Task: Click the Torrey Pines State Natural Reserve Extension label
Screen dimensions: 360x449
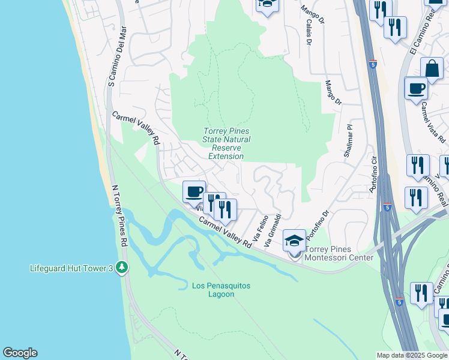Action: [226, 144]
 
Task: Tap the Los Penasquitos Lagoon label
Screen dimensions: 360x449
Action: [221, 290]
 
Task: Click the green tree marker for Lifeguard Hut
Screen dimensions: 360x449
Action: [122, 266]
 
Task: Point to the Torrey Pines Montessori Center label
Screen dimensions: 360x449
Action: [340, 253]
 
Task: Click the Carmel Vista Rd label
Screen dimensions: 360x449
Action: [433, 123]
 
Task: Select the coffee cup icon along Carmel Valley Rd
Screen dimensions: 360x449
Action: [194, 193]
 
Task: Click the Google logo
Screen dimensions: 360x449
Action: [20, 353]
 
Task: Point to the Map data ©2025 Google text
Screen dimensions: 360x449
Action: [411, 355]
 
